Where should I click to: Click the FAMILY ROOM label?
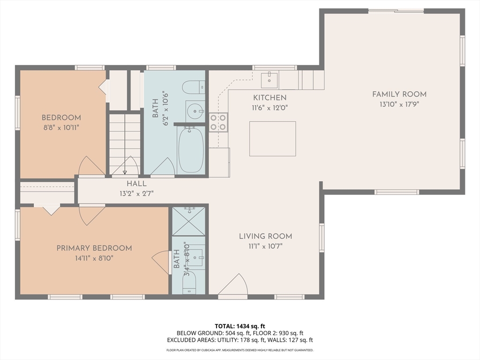(x=399, y=94)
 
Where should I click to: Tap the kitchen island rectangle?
(x=272, y=139)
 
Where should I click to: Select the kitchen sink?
(x=270, y=80)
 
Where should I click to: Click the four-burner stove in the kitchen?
(x=218, y=122)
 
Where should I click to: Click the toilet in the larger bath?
(x=194, y=88)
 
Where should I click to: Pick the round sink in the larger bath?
(x=195, y=111)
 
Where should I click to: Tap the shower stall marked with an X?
(x=188, y=221)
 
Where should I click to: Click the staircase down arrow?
(x=125, y=144)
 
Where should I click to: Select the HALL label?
(x=136, y=184)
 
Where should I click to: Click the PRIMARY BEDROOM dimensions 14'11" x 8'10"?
(x=94, y=258)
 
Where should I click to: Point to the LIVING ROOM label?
(x=265, y=236)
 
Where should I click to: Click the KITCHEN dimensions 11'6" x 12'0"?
(x=270, y=108)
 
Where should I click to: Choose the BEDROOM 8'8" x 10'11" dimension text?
(x=61, y=127)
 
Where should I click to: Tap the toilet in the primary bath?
(x=189, y=283)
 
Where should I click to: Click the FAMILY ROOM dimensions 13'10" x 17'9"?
(x=399, y=105)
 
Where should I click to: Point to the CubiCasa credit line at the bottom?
(x=240, y=350)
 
